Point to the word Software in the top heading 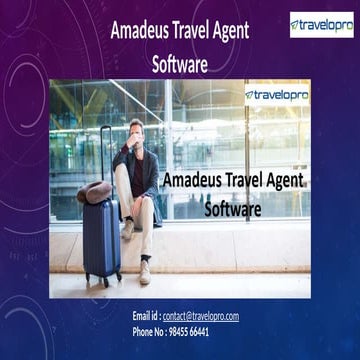(179, 64)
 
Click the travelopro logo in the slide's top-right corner (321, 24)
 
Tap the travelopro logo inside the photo (277, 95)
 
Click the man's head (138, 131)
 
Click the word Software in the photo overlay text (232, 210)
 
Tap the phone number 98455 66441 (190, 331)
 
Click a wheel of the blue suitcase (88, 283)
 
